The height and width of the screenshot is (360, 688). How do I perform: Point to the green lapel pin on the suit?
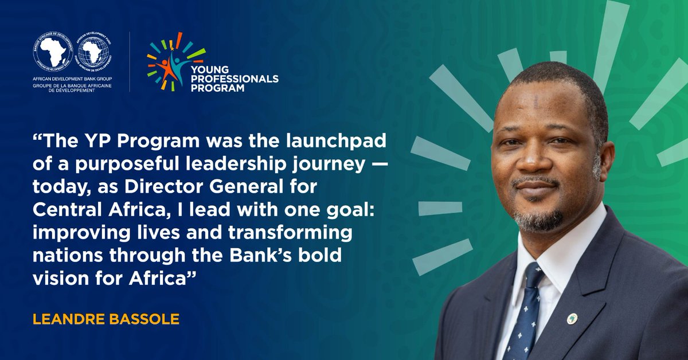tap(572, 318)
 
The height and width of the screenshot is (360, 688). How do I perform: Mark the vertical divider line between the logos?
tap(130, 62)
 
